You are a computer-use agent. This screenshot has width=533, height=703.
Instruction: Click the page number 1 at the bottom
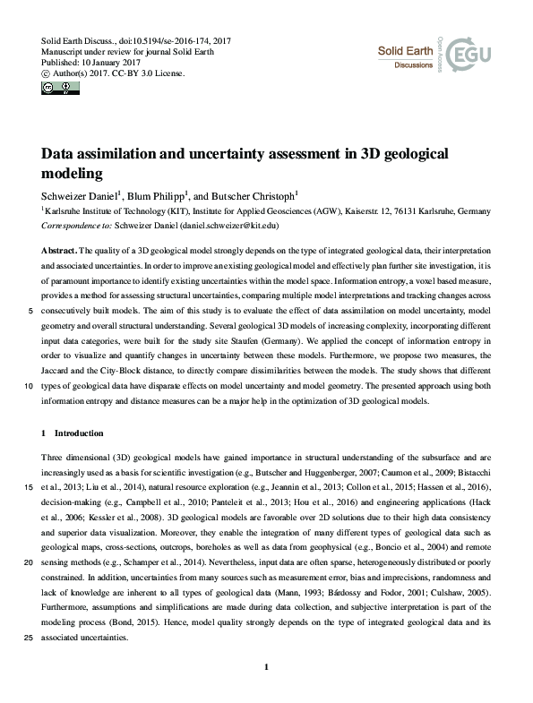point(267,667)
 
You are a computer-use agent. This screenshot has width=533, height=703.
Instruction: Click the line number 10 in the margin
point(29,387)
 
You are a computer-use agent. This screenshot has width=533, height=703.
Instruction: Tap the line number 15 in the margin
point(29,487)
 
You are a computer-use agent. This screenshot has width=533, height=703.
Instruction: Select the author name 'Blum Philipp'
point(156,195)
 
